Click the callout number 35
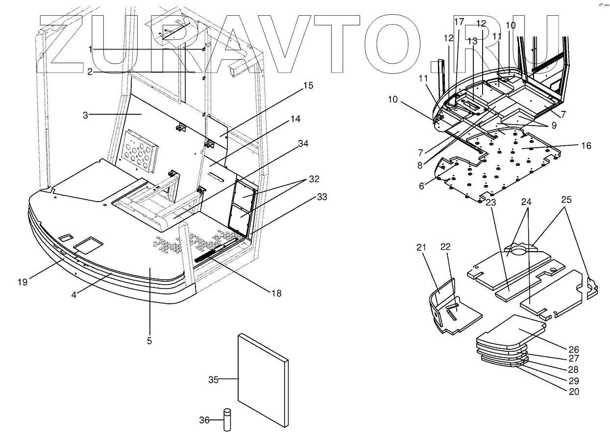point(213,379)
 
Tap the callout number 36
point(205,420)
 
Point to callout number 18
point(277,293)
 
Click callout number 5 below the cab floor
point(149,340)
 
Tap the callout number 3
point(85,115)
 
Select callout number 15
point(308,86)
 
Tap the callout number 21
point(420,248)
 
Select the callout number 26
point(573,350)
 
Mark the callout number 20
point(573,392)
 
